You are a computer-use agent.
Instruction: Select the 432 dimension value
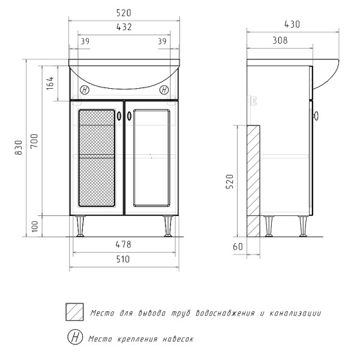[124, 27]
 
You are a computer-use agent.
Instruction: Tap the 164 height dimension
[50, 85]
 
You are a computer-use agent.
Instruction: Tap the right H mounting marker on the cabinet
[164, 91]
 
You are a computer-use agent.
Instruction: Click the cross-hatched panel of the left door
[97, 158]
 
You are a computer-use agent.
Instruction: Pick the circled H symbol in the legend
[74, 338]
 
